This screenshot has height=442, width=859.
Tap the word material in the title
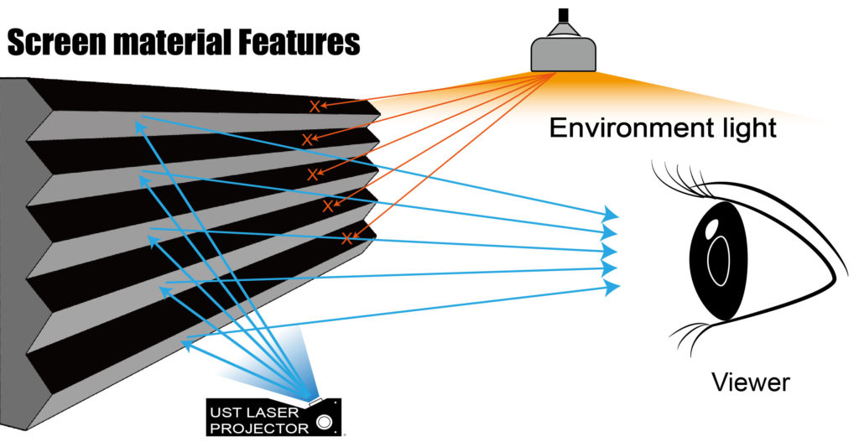pos(177,41)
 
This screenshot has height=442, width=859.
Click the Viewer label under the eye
pos(750,383)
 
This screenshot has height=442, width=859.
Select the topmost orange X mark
pos(315,107)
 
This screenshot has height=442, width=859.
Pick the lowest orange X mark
pos(346,238)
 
